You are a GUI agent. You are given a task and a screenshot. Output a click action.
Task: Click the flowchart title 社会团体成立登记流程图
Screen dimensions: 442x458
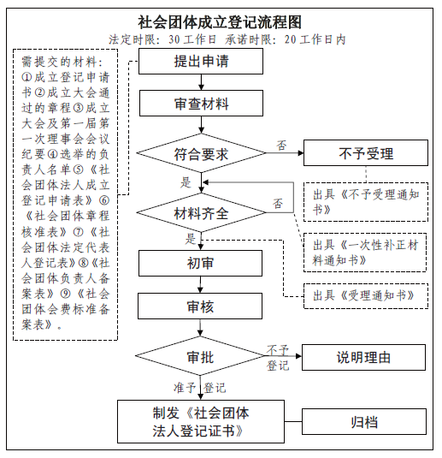coord(220,22)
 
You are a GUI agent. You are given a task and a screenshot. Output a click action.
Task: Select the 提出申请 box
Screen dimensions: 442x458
coord(201,62)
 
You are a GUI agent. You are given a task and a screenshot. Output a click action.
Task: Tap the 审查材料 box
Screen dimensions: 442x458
coord(201,103)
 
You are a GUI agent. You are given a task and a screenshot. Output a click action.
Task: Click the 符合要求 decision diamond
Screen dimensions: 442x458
coord(201,153)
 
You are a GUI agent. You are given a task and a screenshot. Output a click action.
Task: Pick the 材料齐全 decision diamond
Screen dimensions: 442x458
coord(201,212)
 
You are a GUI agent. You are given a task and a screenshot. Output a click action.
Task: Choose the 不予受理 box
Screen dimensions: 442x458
coord(366,153)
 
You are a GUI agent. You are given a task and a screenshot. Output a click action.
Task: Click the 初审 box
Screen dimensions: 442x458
coord(200,263)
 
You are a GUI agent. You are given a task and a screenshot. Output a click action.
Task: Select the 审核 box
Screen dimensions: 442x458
coord(200,306)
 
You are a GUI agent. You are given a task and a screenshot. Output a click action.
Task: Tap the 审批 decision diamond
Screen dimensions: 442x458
coord(200,356)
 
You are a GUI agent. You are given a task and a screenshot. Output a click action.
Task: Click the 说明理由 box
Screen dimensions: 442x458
coord(363,358)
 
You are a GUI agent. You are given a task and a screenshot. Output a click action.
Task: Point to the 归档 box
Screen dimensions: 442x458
coord(364,421)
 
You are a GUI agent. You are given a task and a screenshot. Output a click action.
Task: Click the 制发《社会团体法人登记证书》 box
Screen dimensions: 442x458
coord(201,421)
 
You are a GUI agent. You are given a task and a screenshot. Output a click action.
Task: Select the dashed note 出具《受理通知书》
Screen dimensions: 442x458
coord(366,296)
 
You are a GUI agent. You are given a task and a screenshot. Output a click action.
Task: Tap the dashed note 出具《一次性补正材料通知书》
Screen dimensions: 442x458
coord(365,253)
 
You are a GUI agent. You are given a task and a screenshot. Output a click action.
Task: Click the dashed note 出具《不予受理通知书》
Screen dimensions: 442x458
coord(366,202)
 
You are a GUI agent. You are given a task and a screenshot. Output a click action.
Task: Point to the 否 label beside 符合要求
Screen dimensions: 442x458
coord(281,146)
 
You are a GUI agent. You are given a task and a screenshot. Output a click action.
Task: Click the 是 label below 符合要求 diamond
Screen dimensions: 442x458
coord(186,182)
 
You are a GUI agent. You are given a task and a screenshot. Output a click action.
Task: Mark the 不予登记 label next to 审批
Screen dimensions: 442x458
coord(278,358)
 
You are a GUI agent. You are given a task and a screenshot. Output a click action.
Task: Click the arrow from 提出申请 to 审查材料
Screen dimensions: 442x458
coord(201,82)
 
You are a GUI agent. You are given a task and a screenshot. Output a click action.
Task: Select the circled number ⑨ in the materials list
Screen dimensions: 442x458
coord(66,294)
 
